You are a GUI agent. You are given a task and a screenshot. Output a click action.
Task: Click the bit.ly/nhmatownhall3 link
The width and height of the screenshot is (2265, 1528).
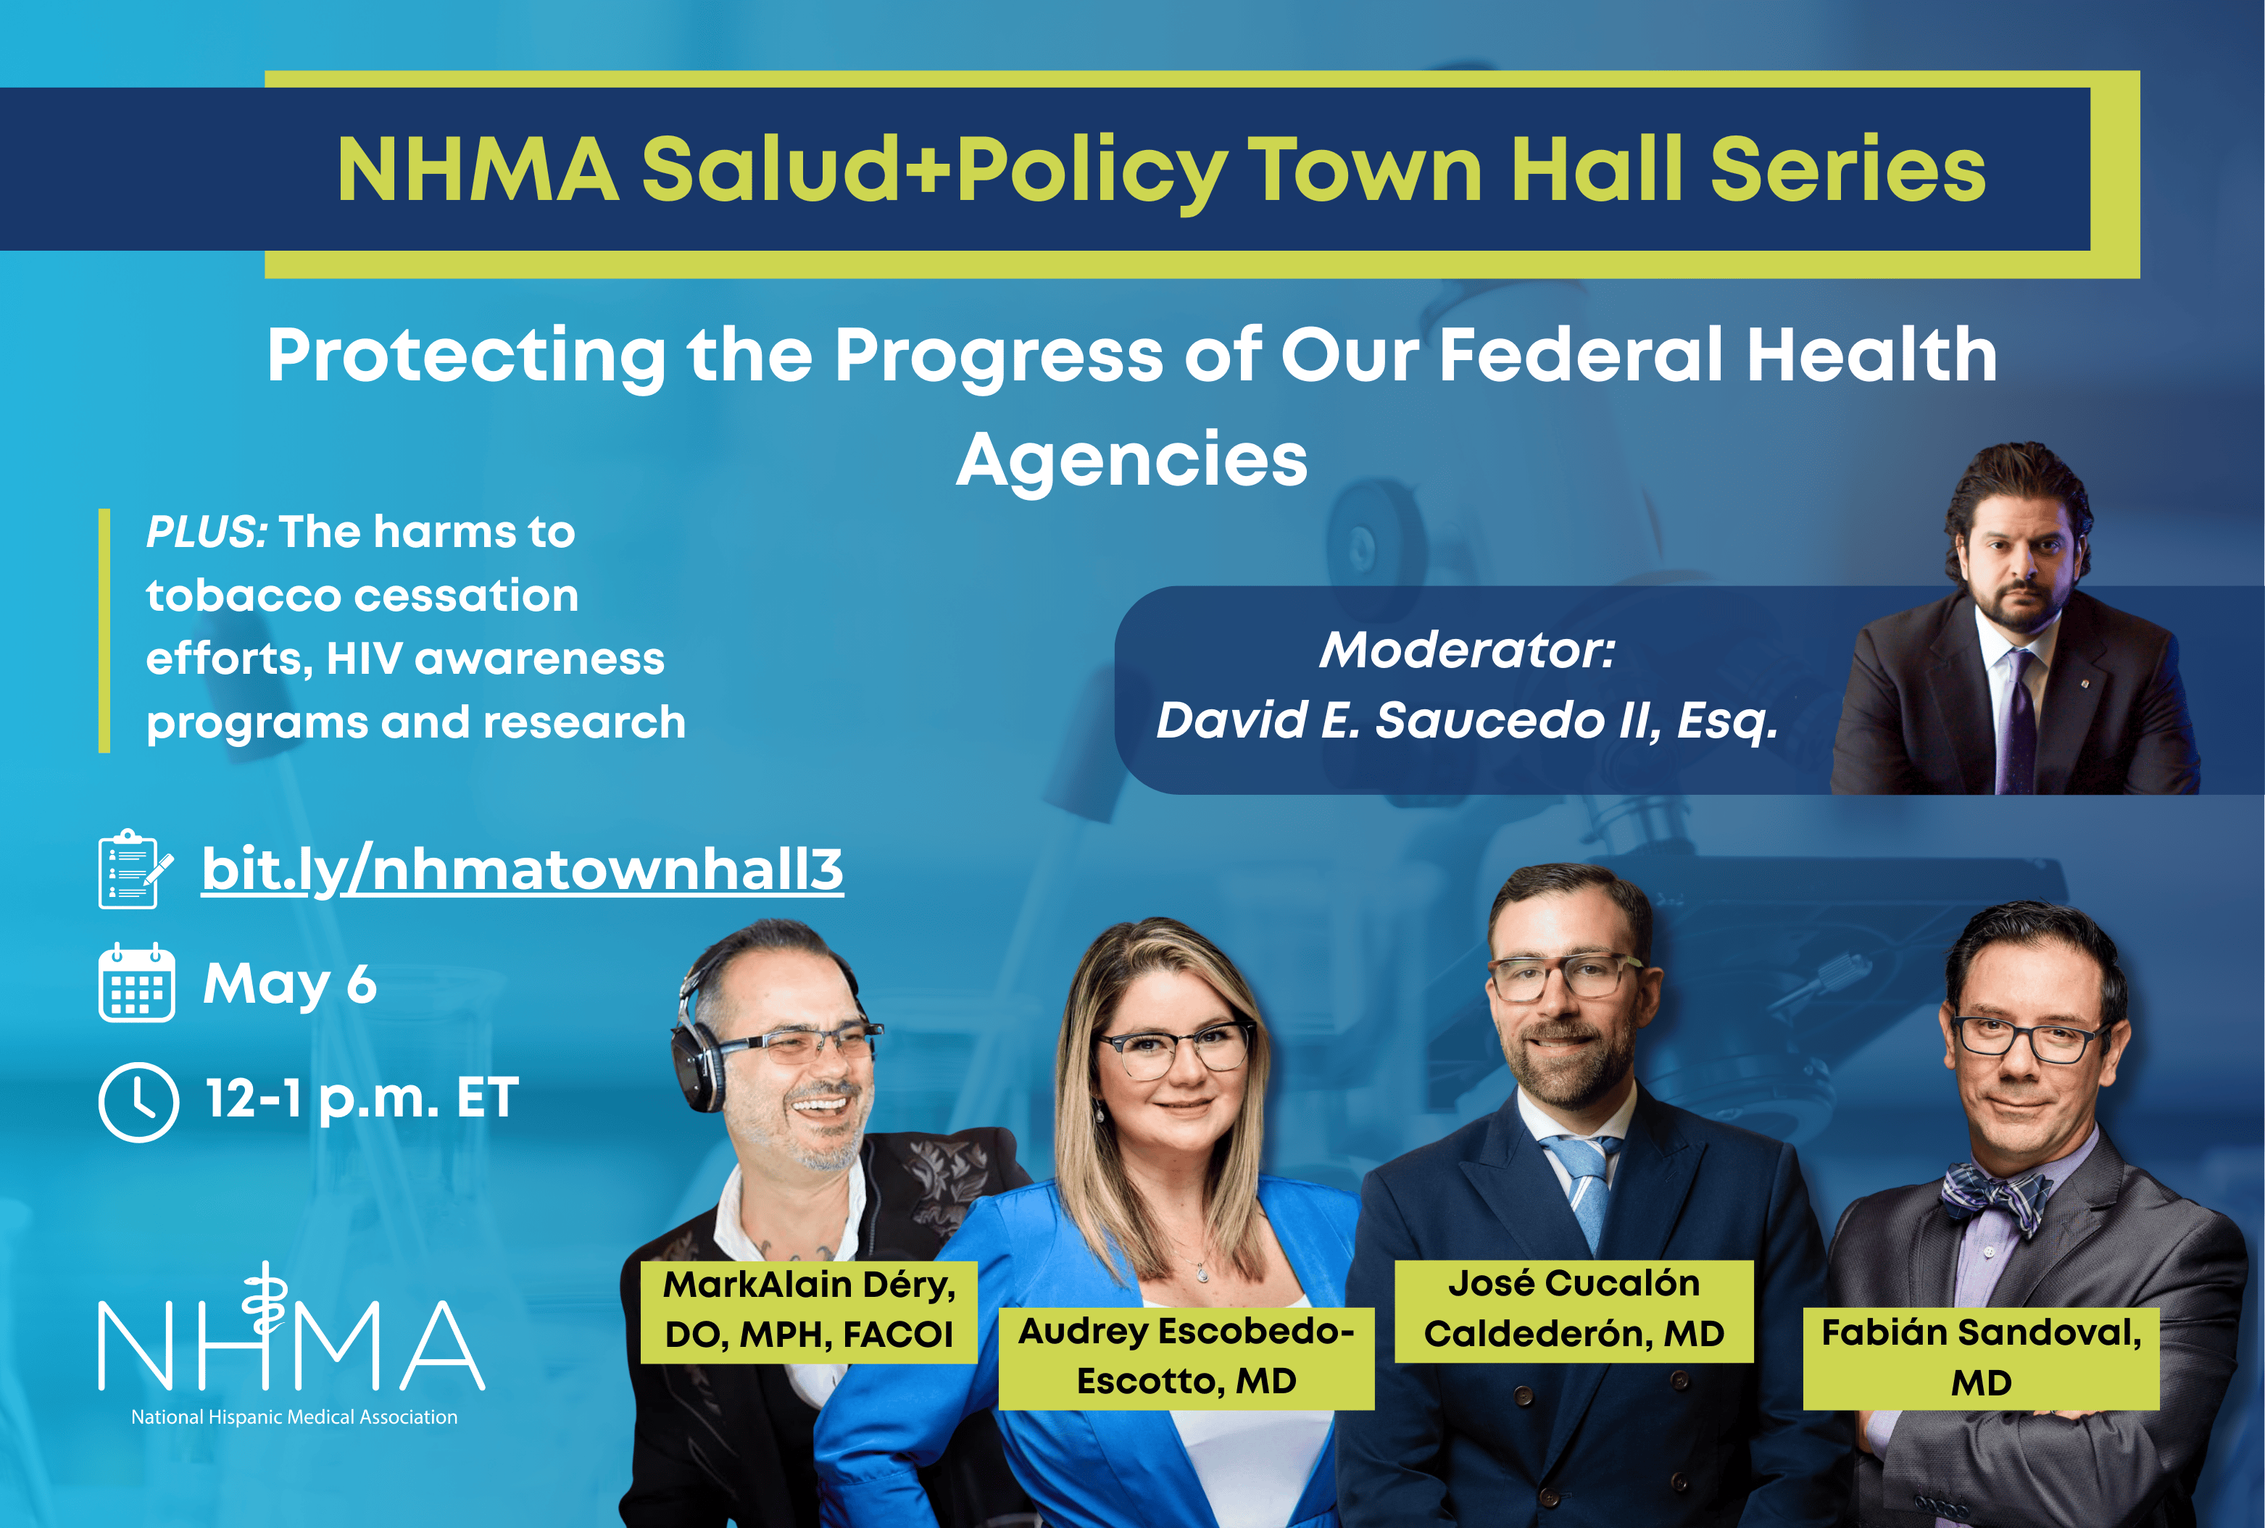pyautogui.click(x=523, y=869)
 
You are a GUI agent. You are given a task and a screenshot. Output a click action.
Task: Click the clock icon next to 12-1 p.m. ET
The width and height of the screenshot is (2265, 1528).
pyautogui.click(x=138, y=1102)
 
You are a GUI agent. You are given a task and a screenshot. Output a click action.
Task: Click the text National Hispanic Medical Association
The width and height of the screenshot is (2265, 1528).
pyautogui.click(x=294, y=1417)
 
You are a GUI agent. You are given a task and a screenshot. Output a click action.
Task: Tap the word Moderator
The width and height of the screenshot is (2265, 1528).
pyautogui.click(x=1467, y=650)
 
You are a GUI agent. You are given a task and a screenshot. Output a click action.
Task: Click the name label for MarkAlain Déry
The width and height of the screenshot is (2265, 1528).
pyautogui.click(x=809, y=1311)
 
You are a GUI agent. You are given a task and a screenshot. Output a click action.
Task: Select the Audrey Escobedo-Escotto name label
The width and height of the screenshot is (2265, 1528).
pyautogui.click(x=1186, y=1358)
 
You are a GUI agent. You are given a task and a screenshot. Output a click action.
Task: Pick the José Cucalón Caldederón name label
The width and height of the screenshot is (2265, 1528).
pyautogui.click(x=1574, y=1310)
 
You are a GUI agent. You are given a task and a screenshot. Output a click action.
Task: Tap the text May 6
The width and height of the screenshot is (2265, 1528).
pyautogui.click(x=289, y=983)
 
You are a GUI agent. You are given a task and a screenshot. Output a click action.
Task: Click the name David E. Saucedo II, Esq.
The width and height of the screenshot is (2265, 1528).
pyautogui.click(x=1467, y=721)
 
